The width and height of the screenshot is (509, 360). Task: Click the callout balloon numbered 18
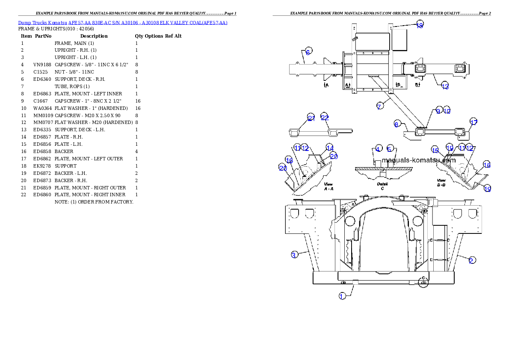[x=420, y=25]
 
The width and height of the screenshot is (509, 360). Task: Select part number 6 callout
[x=308, y=51]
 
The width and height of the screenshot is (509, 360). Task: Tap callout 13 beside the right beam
[x=445, y=86]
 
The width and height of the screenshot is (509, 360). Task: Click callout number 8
[x=397, y=124]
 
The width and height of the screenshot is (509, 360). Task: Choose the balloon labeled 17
[x=473, y=122]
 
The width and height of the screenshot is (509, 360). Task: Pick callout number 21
[x=311, y=118]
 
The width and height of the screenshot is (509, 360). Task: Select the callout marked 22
[x=325, y=118]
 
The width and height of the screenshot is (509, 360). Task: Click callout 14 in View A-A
[x=329, y=147]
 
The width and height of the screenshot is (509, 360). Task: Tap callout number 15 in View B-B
[x=435, y=150]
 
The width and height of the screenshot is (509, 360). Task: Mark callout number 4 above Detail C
[x=378, y=148]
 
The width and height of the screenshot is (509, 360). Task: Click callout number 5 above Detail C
[x=390, y=148]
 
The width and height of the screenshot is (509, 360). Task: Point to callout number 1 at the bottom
[x=342, y=296]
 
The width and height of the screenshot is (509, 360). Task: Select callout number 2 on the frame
[x=471, y=260]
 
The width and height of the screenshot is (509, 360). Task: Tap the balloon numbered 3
[x=294, y=255]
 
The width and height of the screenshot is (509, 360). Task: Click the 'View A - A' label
[x=328, y=186]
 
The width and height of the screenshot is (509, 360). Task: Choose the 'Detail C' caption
[x=382, y=186]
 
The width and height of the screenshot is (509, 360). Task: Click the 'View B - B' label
[x=442, y=183]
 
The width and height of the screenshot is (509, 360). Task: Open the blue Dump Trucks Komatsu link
[x=123, y=23]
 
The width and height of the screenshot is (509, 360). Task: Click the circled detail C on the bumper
[x=423, y=282]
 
